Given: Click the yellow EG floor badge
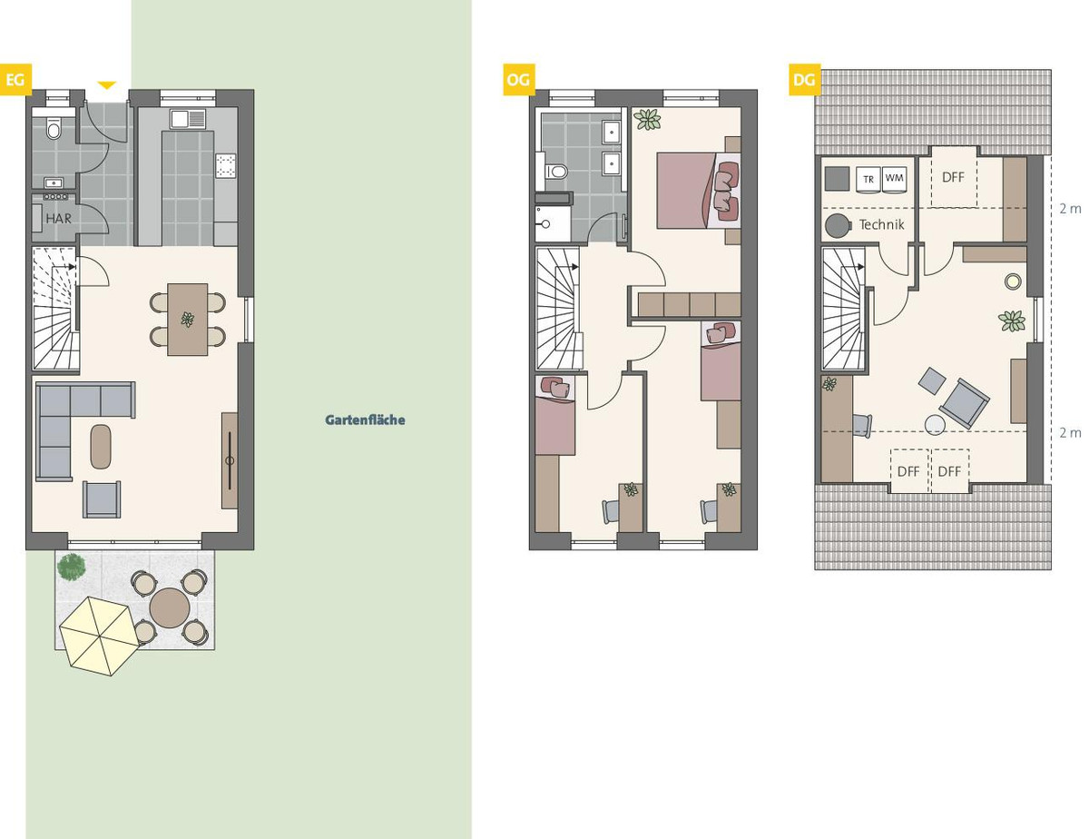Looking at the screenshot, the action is (15, 80).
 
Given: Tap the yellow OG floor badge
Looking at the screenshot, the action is (519, 80).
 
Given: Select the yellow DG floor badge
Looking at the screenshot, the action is (804, 80).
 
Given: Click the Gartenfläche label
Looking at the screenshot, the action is (365, 420).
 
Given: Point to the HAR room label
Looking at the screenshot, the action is (59, 219).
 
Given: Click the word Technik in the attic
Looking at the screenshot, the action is (881, 224).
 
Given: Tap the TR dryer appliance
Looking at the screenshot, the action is (868, 180).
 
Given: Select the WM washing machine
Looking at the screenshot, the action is (894, 179).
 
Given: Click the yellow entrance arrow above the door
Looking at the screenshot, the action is (107, 85).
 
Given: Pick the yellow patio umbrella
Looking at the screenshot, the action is (99, 636).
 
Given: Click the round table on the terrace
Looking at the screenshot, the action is (170, 608).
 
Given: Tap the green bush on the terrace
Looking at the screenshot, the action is (71, 567).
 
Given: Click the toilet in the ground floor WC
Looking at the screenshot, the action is (54, 128).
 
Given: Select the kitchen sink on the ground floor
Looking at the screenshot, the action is (188, 119).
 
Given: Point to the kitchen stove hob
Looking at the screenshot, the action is (226, 165).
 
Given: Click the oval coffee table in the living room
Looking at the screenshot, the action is (102, 447).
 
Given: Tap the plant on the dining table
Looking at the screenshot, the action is (188, 320).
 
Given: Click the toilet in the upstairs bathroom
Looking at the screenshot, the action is (556, 172).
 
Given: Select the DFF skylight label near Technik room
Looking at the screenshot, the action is (953, 177).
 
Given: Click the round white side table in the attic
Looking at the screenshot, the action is (935, 425).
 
